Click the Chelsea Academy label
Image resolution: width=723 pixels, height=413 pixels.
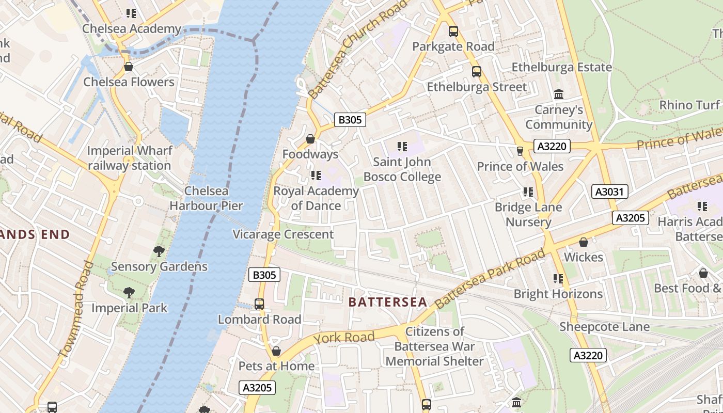(x=132, y=29)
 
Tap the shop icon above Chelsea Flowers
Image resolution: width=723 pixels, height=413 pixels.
(x=129, y=67)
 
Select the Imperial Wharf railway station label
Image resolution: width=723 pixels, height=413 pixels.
(x=129, y=158)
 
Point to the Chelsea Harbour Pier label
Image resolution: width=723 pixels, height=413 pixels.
(x=206, y=198)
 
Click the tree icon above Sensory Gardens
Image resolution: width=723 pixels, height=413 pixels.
(x=159, y=251)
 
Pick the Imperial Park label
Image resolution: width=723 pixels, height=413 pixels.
(x=129, y=308)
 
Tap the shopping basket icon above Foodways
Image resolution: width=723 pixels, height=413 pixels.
(x=310, y=139)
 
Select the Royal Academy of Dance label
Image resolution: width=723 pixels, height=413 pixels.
(x=316, y=198)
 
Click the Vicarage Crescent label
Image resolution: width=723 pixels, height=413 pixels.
(x=283, y=234)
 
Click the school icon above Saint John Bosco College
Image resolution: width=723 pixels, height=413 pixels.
(x=402, y=147)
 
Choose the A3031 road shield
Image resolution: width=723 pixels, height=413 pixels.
(x=609, y=192)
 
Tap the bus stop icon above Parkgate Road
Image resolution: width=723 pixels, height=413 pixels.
(x=453, y=31)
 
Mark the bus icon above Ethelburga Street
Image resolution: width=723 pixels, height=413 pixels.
(x=477, y=72)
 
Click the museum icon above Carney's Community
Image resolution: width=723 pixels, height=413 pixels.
(x=559, y=94)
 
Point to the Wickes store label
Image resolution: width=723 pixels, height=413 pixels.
(x=584, y=257)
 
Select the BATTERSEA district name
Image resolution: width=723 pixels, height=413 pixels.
(x=388, y=302)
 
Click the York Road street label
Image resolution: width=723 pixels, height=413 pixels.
(x=344, y=338)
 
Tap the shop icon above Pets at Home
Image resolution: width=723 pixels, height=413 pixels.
(x=276, y=351)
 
